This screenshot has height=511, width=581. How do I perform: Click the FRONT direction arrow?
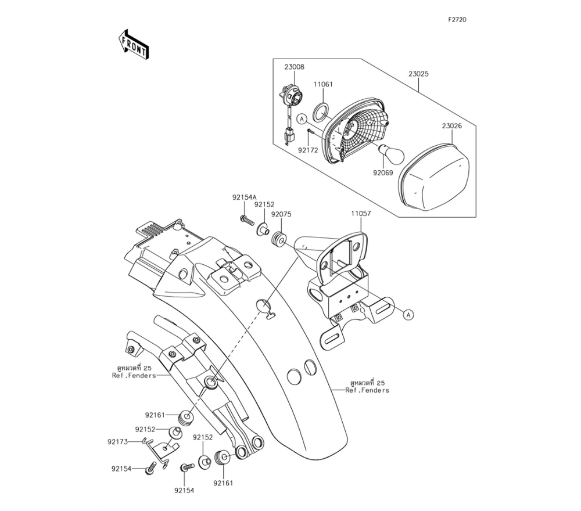click(133, 45)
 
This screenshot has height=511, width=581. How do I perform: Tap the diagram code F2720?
click(457, 20)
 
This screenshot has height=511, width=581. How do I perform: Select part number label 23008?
click(294, 67)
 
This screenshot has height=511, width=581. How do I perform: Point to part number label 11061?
click(323, 84)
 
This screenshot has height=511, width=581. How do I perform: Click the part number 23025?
click(418, 74)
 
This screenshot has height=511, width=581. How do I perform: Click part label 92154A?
click(244, 197)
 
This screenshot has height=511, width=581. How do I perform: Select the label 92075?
click(281, 214)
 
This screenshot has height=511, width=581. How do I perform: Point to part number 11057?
click(360, 214)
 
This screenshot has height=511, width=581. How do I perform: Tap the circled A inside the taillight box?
click(302, 119)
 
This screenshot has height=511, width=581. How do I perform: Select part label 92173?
click(117, 441)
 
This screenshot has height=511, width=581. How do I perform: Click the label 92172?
click(309, 149)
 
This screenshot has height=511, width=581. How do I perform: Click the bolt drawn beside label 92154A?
click(246, 220)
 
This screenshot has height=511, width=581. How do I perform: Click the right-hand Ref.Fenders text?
click(367, 390)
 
